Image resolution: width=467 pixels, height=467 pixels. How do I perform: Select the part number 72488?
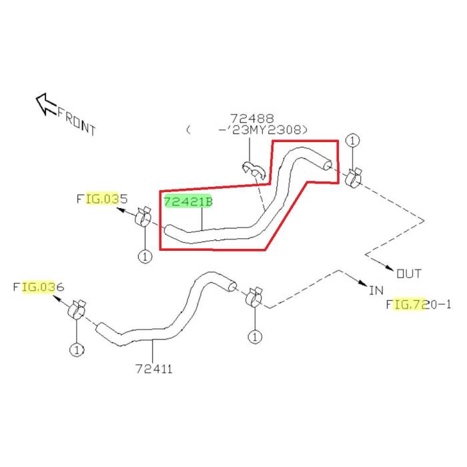252,118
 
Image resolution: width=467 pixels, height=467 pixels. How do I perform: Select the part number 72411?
153,368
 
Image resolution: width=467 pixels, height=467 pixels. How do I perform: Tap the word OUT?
408,273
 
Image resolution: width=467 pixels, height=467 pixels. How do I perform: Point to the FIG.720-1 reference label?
419,305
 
